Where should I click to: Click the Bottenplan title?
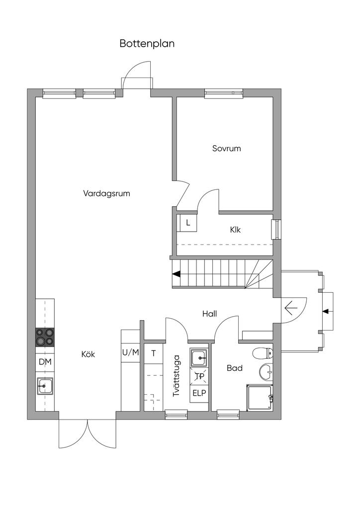(147, 44)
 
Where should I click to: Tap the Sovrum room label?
(227, 148)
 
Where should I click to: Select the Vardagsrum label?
(106, 194)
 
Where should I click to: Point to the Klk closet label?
(235, 230)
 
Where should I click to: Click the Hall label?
(209, 314)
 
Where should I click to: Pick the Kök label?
(89, 354)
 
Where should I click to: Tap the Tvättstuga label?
(176, 376)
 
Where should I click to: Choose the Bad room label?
(235, 368)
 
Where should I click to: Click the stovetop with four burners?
(45, 338)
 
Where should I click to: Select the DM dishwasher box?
(45, 362)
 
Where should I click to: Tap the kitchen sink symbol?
(45, 386)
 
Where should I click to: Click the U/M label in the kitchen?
(130, 352)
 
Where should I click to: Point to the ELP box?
(199, 393)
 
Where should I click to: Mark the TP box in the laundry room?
(199, 376)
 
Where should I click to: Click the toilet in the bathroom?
(262, 353)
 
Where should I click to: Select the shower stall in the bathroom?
(260, 398)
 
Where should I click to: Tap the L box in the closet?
(187, 223)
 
